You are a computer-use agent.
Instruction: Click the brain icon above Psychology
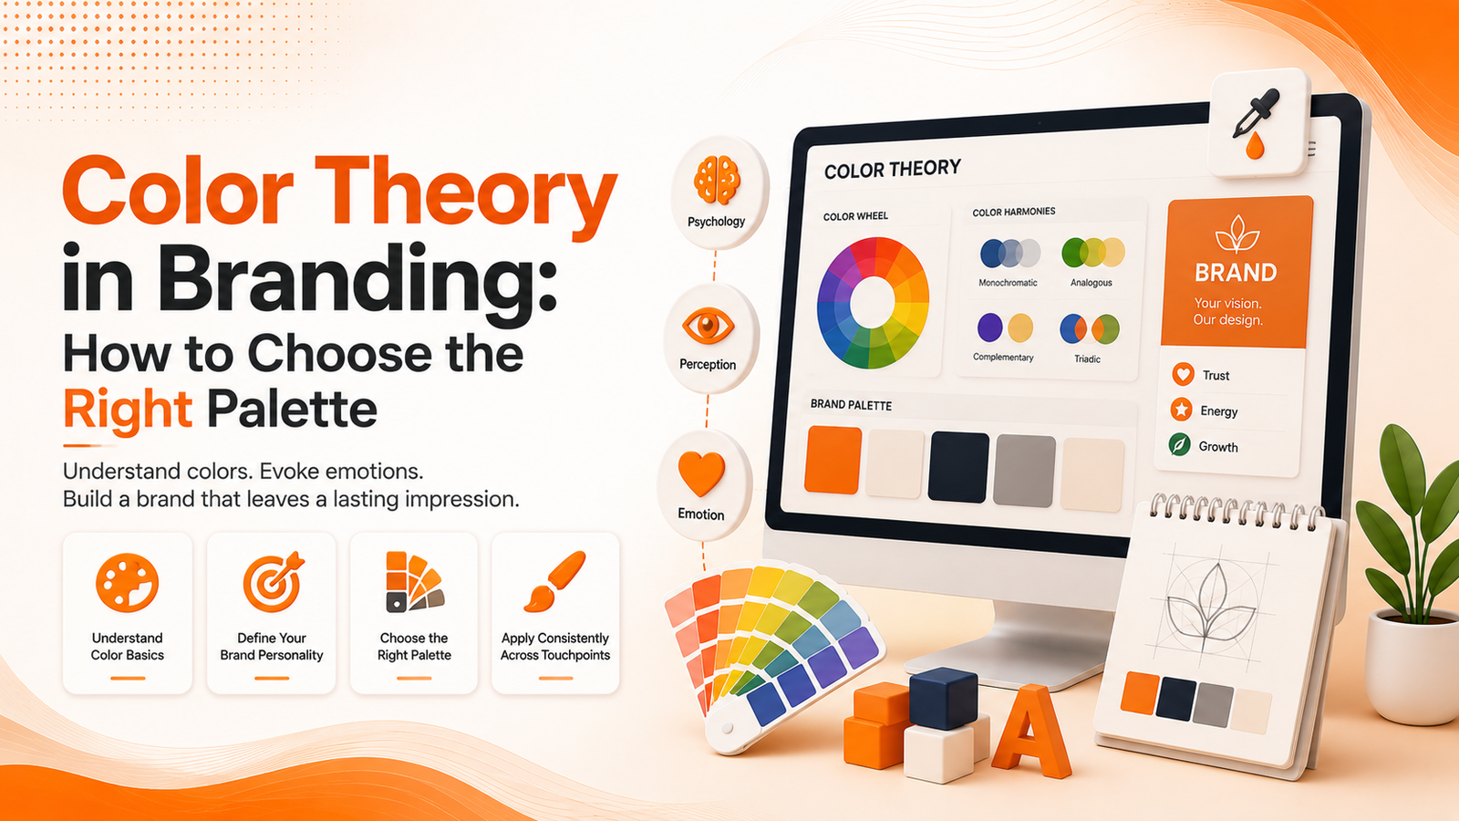[x=717, y=180]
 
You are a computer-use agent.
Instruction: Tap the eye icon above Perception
[x=708, y=325]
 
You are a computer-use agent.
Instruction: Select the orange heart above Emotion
[x=701, y=473]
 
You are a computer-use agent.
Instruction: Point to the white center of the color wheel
[x=873, y=304]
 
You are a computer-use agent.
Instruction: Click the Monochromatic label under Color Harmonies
[x=1008, y=283]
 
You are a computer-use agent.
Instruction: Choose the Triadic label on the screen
[x=1087, y=359]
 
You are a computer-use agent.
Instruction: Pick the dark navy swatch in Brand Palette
[x=958, y=466]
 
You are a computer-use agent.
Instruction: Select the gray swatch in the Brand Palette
[x=1024, y=471]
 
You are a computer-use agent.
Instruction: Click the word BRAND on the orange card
[x=1236, y=273]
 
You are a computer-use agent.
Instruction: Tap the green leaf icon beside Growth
[x=1179, y=445]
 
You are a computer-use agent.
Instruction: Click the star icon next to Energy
[x=1181, y=410]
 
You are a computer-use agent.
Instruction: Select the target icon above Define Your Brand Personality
[x=273, y=582]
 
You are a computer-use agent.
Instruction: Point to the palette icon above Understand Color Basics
[x=127, y=583]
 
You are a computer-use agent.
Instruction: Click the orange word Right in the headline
[x=128, y=410]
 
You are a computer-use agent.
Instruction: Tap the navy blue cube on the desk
[x=943, y=698]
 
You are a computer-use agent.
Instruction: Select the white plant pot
[x=1412, y=667]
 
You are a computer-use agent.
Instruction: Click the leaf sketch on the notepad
[x=1209, y=604]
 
